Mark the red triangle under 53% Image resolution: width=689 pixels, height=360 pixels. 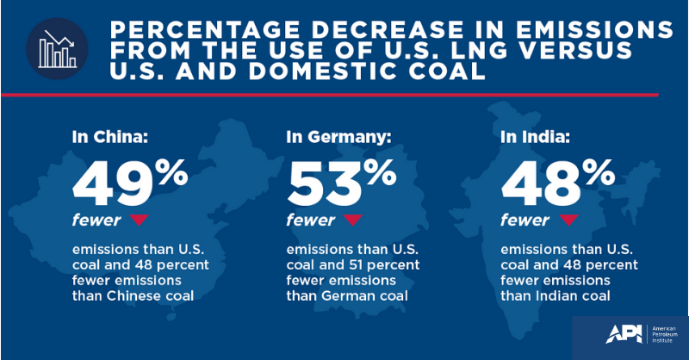[x=351, y=220]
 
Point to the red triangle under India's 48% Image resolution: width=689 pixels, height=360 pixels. [x=565, y=220]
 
